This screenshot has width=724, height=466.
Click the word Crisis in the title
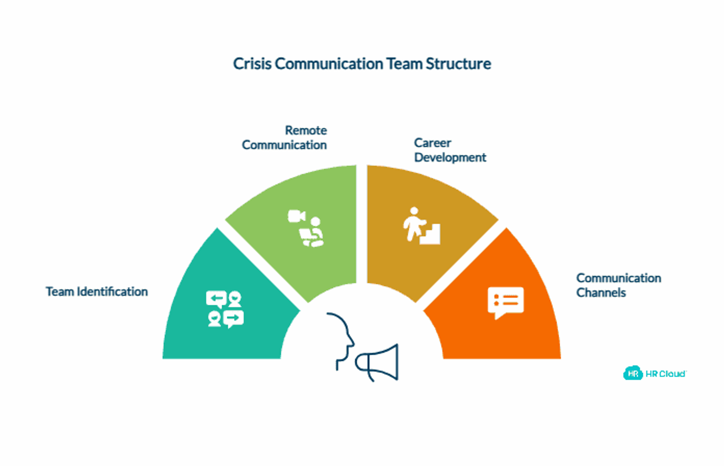coord(252,63)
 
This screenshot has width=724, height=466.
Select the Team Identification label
coord(97,291)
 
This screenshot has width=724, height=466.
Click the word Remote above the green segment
coord(306,131)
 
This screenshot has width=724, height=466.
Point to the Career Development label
coord(450,150)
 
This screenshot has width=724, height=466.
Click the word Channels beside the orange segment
coord(601,293)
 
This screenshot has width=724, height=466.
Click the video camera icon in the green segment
coord(296,216)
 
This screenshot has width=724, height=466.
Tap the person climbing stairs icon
coord(421,226)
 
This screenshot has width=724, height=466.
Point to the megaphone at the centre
coord(377,363)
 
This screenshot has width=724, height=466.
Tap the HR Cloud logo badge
coord(632,373)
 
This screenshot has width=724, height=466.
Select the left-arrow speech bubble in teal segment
coord(216,299)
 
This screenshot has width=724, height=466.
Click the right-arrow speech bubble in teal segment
coord(234,319)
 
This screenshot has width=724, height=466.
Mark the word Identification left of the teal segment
coord(112,291)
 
